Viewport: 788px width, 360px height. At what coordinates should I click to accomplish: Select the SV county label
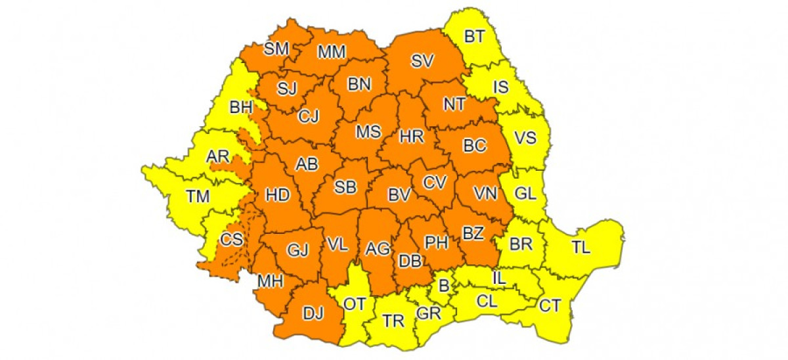click(x=422, y=61)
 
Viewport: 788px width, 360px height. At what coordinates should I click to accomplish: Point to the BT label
click(x=474, y=37)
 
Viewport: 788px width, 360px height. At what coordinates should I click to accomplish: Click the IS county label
click(x=501, y=87)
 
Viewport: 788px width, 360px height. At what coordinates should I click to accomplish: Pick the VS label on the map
click(x=525, y=138)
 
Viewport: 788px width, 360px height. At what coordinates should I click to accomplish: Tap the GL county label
click(x=525, y=194)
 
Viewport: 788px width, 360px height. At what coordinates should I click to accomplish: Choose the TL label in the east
click(x=581, y=248)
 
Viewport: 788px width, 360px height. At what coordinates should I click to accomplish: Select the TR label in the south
click(x=393, y=321)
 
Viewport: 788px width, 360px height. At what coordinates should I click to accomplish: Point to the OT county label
click(x=354, y=305)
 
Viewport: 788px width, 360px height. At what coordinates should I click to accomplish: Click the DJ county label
click(x=313, y=314)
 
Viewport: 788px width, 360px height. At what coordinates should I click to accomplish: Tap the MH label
click(x=270, y=282)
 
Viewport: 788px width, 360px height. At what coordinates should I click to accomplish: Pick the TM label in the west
click(x=198, y=196)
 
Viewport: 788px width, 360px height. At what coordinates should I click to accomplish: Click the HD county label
click(x=277, y=195)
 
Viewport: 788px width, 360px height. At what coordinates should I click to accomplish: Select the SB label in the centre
click(x=345, y=188)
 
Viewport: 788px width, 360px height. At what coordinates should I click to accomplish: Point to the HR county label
click(x=412, y=136)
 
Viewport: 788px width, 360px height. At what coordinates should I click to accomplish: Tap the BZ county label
click(x=473, y=233)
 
